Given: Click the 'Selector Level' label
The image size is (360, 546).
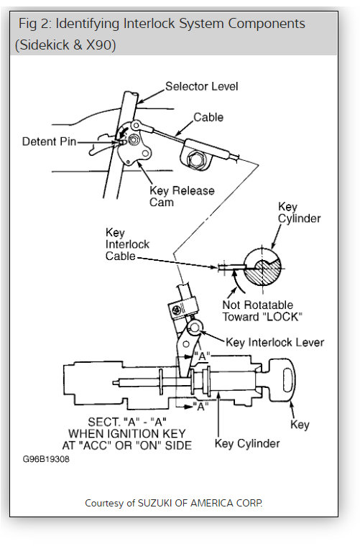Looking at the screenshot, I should click(x=201, y=86).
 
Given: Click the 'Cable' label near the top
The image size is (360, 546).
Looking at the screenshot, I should click(x=208, y=117).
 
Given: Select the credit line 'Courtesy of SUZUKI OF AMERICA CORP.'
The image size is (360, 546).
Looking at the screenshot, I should click(x=174, y=503).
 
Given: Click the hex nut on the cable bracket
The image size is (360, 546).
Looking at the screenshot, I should click(x=195, y=158).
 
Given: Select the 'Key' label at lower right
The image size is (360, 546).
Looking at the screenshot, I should click(x=300, y=425).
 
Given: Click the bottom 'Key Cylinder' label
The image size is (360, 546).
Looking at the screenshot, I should click(x=247, y=443).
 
